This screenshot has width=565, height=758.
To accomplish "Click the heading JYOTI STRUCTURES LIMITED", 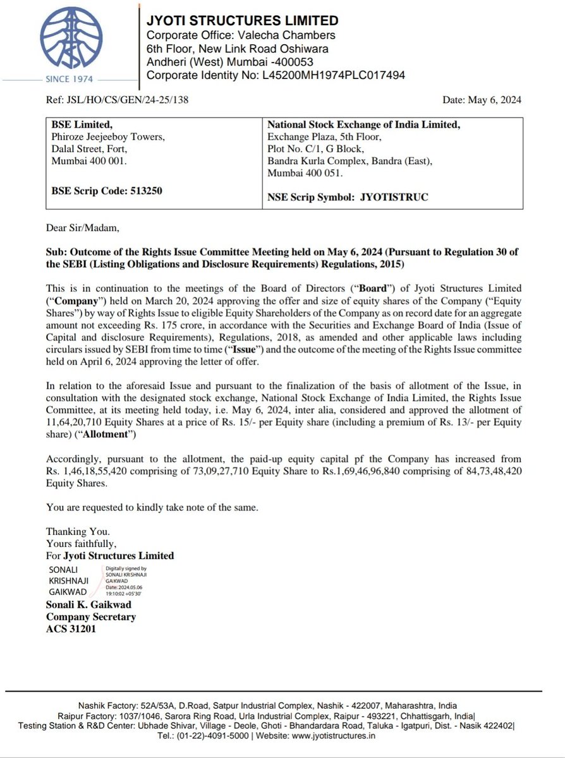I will pos(242,21).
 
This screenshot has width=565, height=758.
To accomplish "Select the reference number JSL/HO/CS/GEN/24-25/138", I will pos(117,100).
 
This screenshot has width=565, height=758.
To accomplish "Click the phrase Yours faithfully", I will pos(82,543).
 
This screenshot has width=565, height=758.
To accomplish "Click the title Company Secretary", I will pos(90,617).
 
